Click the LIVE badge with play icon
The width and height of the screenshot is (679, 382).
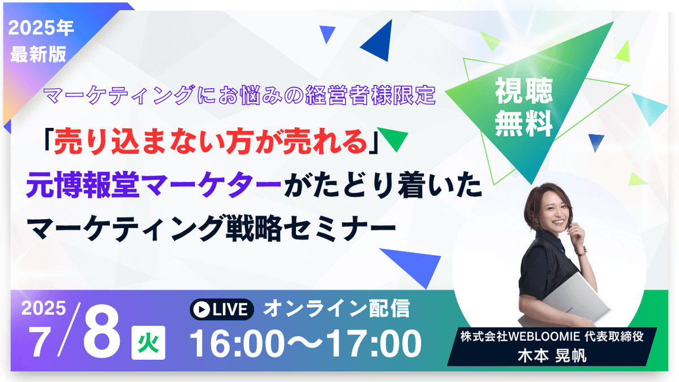222,309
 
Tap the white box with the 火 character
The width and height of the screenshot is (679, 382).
148,342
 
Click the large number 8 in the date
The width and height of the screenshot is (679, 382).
102,331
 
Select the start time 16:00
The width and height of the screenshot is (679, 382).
237,344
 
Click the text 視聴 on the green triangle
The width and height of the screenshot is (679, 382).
524,91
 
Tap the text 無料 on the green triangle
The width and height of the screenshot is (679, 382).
524,123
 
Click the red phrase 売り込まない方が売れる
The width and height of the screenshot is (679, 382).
210,141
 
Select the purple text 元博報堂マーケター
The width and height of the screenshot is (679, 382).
154,184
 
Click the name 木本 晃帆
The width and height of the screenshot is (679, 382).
552,355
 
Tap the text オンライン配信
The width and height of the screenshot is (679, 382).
337,308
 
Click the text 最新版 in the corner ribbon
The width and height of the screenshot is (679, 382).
38,54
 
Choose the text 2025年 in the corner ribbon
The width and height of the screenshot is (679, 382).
41,28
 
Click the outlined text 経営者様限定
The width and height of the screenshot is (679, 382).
371,95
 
